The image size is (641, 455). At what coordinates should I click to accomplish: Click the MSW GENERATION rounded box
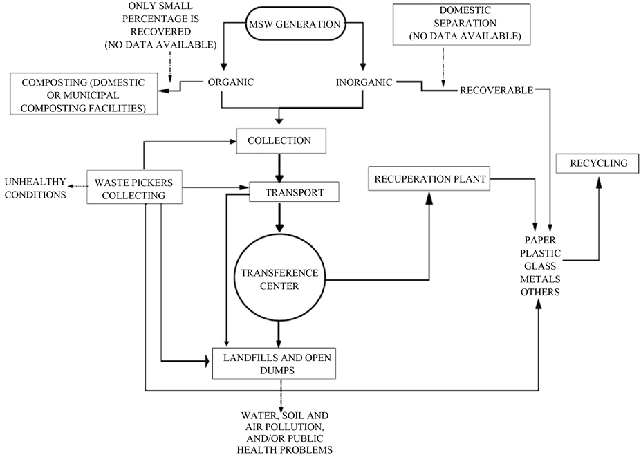[294, 26]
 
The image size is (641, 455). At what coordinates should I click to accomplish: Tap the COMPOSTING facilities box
[84, 94]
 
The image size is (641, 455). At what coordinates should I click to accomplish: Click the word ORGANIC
[231, 82]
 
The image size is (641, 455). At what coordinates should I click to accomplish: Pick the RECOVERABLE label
[496, 90]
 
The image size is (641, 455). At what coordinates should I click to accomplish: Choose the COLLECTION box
[281, 141]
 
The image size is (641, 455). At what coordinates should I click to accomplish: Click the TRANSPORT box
[295, 193]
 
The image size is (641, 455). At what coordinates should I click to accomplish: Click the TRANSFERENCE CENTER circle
[280, 279]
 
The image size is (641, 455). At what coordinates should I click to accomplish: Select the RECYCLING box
[599, 164]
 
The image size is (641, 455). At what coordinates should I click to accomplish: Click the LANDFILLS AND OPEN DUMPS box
[275, 364]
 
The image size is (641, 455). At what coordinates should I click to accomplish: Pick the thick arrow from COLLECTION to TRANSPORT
[281, 168]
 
